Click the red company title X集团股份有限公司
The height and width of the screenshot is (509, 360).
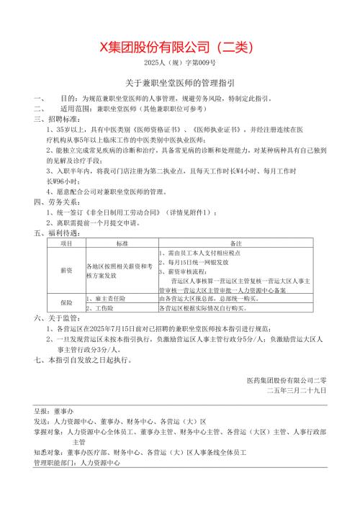[x=179, y=48]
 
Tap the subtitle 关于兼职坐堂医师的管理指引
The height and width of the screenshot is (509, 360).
[x=179, y=84]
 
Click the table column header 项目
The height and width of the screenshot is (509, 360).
[x=66, y=245]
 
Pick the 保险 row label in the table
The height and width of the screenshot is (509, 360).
[x=66, y=302]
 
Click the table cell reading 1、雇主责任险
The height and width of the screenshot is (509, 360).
[x=106, y=297]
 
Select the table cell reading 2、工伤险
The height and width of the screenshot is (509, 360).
[x=101, y=307]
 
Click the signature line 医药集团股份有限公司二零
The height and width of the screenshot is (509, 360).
[x=286, y=379]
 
